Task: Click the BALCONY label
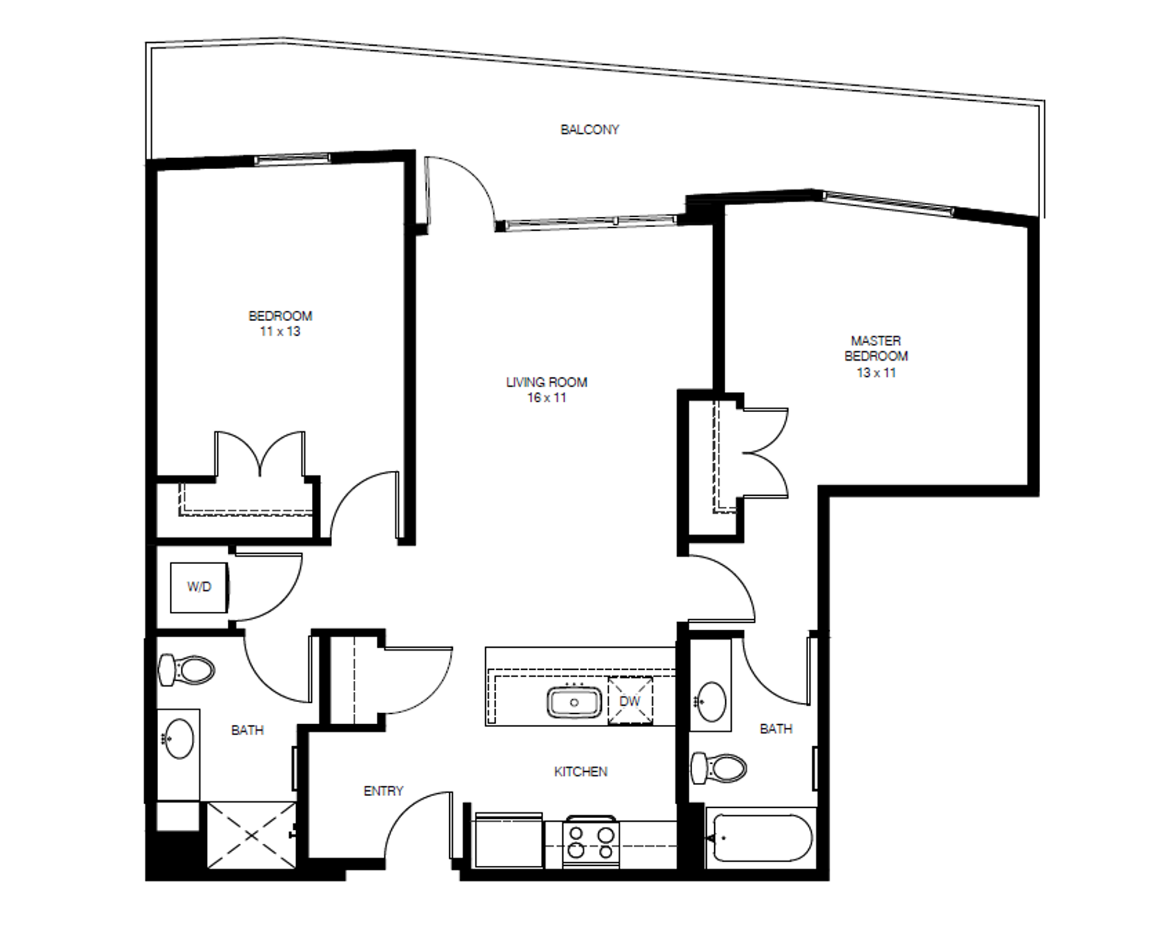[590, 129]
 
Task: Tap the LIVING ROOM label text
[546, 382]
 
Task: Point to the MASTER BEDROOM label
[875, 348]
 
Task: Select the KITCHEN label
[581, 772]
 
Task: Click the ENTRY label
[383, 791]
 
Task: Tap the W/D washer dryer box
[199, 587]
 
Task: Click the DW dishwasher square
[630, 701]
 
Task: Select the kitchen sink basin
[574, 702]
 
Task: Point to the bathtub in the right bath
[759, 838]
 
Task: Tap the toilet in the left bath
[186, 670]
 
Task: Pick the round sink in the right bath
[711, 701]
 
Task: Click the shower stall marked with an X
[251, 835]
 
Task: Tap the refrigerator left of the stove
[508, 840]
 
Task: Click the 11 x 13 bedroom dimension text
[280, 332]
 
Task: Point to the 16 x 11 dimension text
[546, 398]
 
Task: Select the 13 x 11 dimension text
[876, 372]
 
